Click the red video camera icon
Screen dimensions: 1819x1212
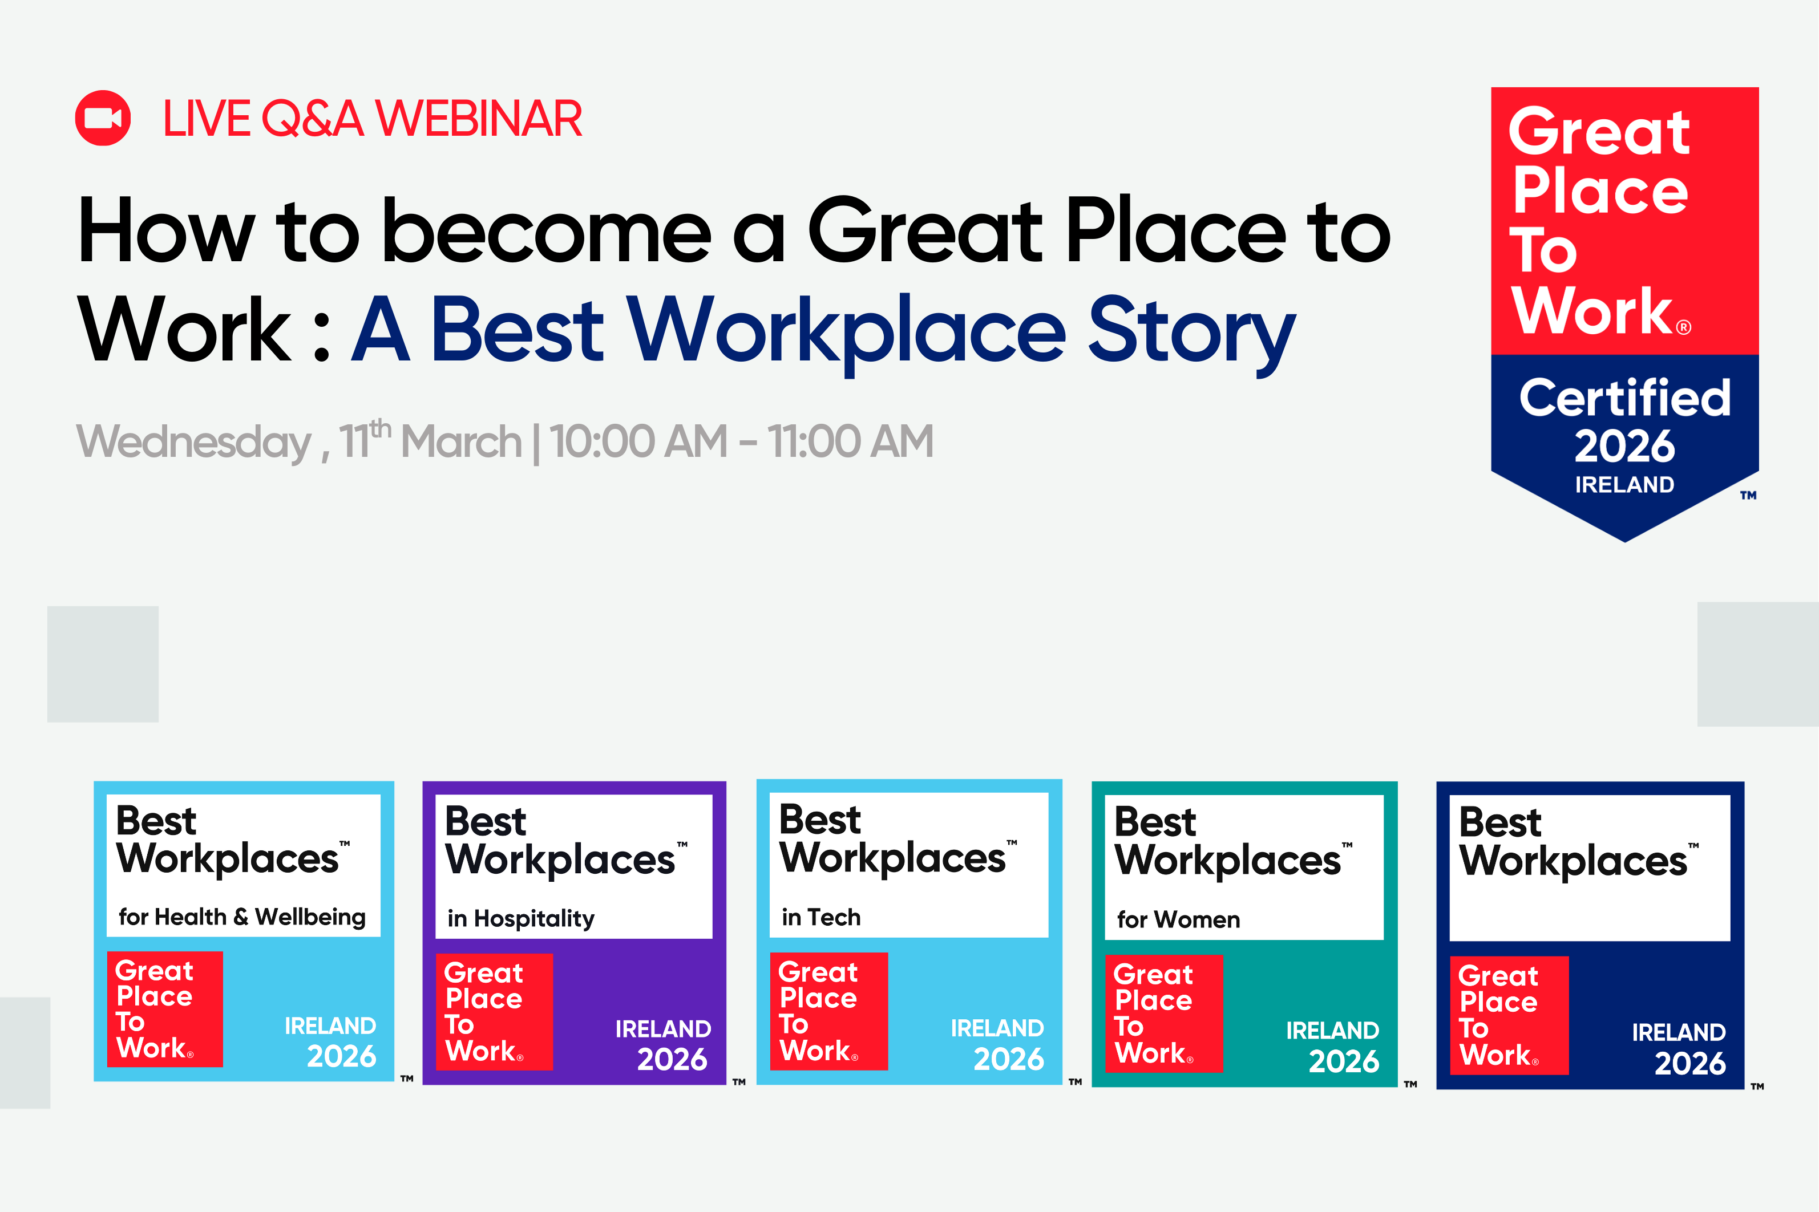pyautogui.click(x=103, y=118)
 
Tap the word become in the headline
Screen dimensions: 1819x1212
pyautogui.click(x=547, y=232)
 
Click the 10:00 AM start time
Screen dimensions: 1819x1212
pyautogui.click(x=638, y=441)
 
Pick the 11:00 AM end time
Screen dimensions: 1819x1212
pyautogui.click(x=850, y=441)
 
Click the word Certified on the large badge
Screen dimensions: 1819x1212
pyautogui.click(x=1625, y=399)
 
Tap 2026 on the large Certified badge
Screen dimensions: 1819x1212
pyautogui.click(x=1625, y=447)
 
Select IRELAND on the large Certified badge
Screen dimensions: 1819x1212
pyautogui.click(x=1625, y=485)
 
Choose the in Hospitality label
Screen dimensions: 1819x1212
pyautogui.click(x=521, y=918)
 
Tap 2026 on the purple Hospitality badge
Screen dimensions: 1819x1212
pyautogui.click(x=672, y=1059)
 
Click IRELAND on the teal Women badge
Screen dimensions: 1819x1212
pyautogui.click(x=1332, y=1031)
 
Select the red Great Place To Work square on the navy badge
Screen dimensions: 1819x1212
pyautogui.click(x=1509, y=1015)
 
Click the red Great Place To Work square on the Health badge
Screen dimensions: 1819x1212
pyautogui.click(x=165, y=1009)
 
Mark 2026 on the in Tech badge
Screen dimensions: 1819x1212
pyautogui.click(x=1008, y=1059)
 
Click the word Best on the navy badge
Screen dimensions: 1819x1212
pyautogui.click(x=1499, y=822)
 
